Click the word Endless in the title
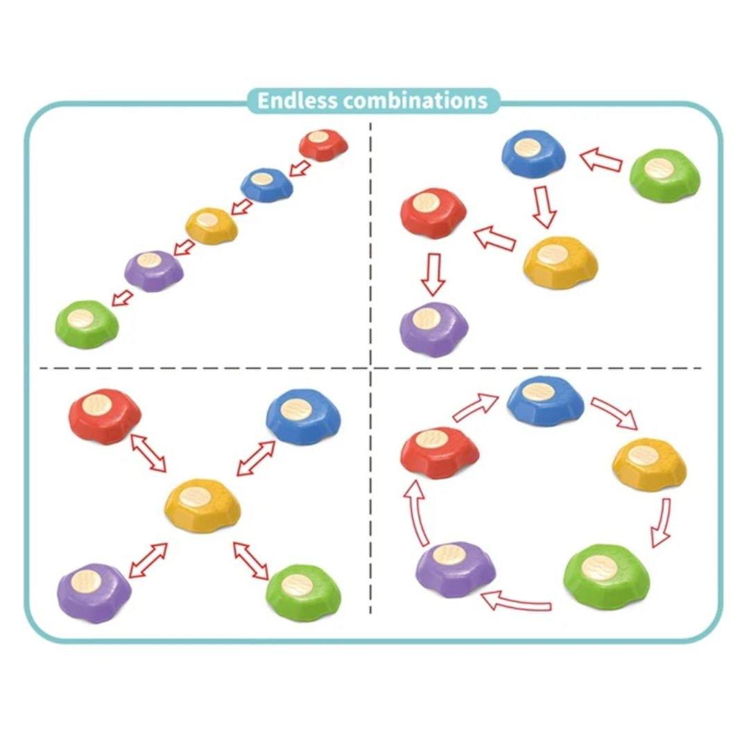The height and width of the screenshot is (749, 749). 297,101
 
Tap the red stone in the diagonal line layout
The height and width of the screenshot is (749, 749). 323,144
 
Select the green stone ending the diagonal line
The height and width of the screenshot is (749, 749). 87,323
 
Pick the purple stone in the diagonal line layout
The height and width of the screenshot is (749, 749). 154,270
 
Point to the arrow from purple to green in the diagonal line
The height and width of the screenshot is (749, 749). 121,298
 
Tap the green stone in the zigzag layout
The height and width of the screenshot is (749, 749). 664,174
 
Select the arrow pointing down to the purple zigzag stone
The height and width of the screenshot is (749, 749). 433,274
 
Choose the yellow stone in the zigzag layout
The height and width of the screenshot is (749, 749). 560,262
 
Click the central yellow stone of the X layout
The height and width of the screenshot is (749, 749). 202,506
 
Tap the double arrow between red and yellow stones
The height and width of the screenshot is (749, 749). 148,452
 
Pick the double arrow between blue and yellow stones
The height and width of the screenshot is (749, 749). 256,458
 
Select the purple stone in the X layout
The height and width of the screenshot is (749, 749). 94,592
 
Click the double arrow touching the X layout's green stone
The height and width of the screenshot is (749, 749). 251,561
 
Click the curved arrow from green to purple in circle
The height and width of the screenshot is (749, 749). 516,601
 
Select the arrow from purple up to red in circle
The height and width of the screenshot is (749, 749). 416,512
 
